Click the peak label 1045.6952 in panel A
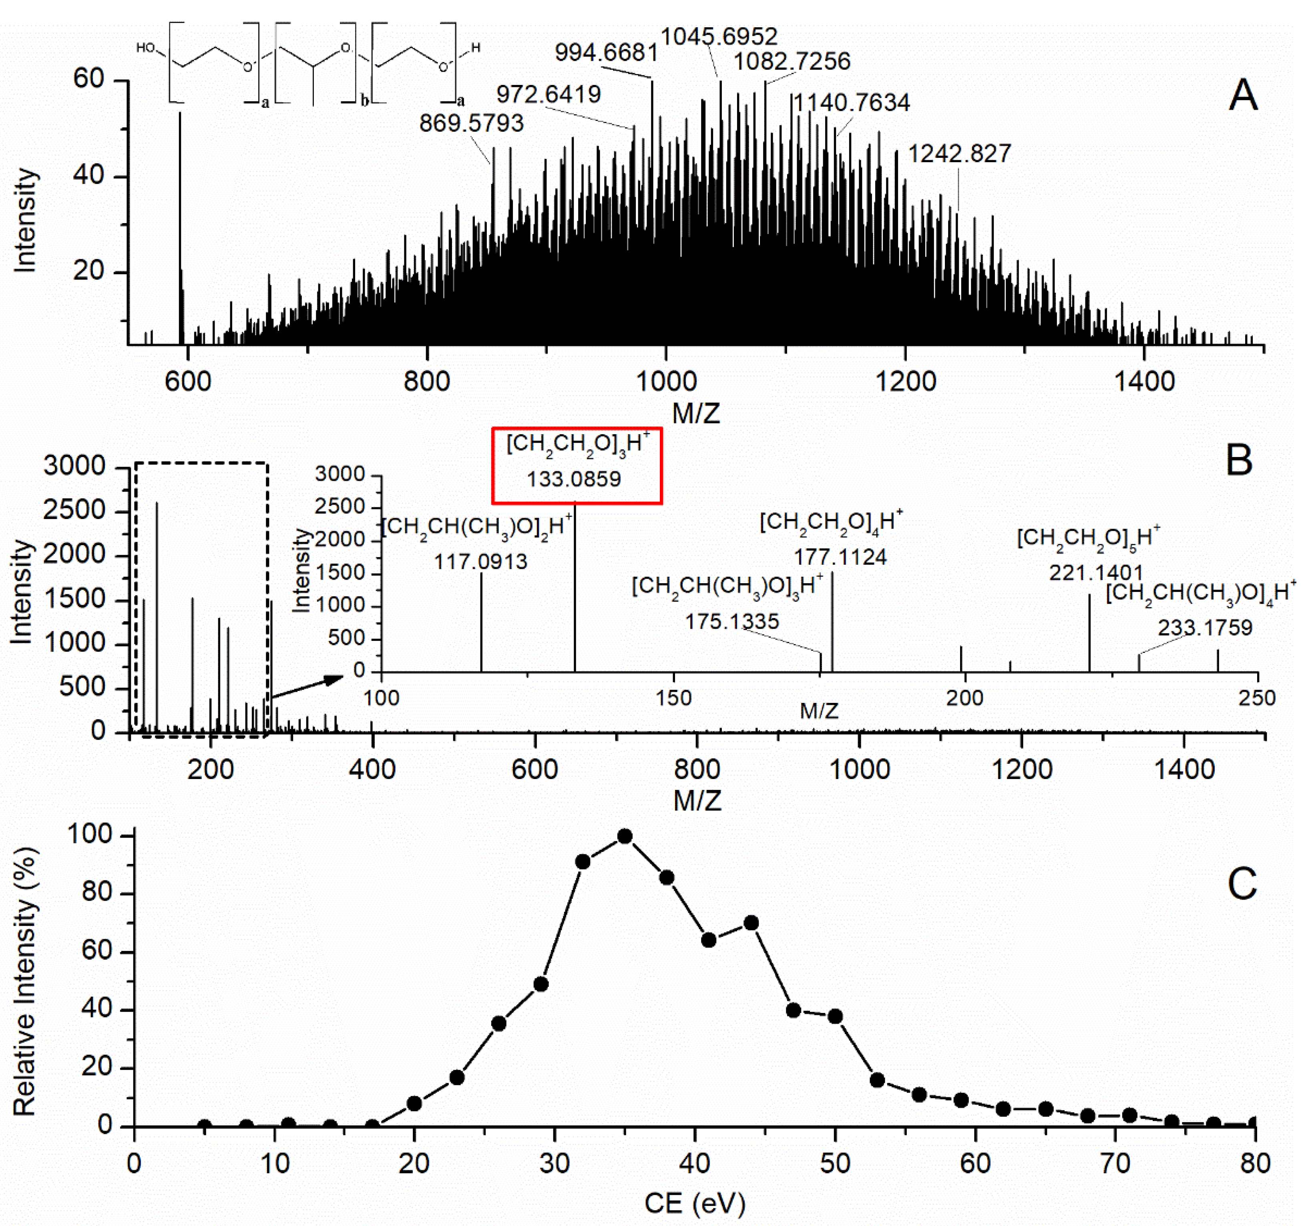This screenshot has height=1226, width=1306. click(719, 36)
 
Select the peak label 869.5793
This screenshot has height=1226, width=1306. click(472, 123)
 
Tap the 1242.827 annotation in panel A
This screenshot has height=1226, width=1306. click(959, 154)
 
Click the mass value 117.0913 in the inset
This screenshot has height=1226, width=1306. click(480, 562)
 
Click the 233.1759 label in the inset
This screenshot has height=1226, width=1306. click(1205, 628)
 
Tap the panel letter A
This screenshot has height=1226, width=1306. click(1242, 96)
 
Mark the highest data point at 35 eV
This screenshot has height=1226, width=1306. click(625, 836)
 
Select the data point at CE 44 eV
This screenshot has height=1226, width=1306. click(751, 923)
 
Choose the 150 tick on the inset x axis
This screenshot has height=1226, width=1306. click(673, 698)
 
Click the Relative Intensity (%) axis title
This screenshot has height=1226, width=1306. click(25, 982)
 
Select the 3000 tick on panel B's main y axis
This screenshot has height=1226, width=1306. click(74, 466)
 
